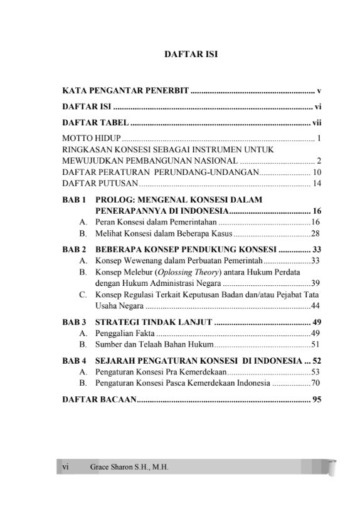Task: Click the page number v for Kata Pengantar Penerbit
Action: (x=319, y=91)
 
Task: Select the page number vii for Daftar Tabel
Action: (x=317, y=122)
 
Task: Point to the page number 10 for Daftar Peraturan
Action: (x=317, y=172)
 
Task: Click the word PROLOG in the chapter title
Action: (x=117, y=200)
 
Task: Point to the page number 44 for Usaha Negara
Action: (x=316, y=305)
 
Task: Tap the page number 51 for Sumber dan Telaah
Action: (x=316, y=344)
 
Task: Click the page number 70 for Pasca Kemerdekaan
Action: (x=316, y=382)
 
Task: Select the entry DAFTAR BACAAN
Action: (x=98, y=399)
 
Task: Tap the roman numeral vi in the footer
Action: (x=65, y=467)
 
